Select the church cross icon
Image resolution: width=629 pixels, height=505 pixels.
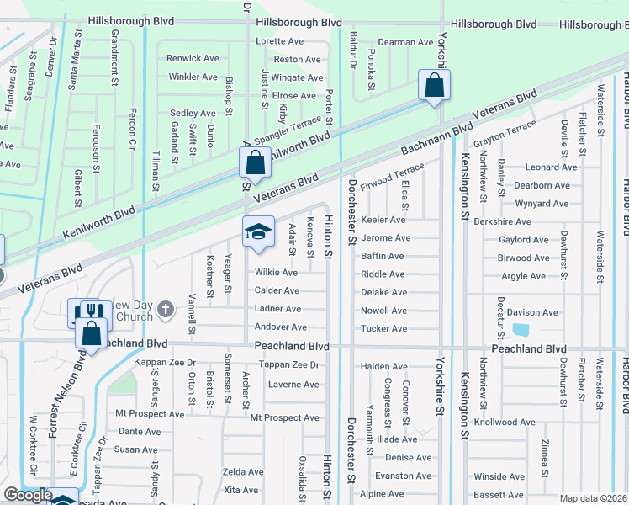[x=165, y=310]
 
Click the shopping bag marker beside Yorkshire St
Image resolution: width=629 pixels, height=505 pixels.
[x=434, y=85]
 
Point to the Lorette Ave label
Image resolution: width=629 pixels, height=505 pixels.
[x=280, y=41]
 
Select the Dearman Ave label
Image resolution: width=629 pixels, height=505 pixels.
[x=405, y=41]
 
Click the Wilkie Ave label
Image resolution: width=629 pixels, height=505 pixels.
[x=277, y=273]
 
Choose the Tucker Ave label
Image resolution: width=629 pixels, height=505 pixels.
[x=383, y=329]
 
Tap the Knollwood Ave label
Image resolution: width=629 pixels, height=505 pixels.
[x=527, y=423]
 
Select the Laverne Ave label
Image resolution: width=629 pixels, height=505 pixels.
[x=293, y=385]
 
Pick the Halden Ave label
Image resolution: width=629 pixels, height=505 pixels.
[x=383, y=367]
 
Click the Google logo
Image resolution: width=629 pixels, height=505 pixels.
[x=28, y=494]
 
